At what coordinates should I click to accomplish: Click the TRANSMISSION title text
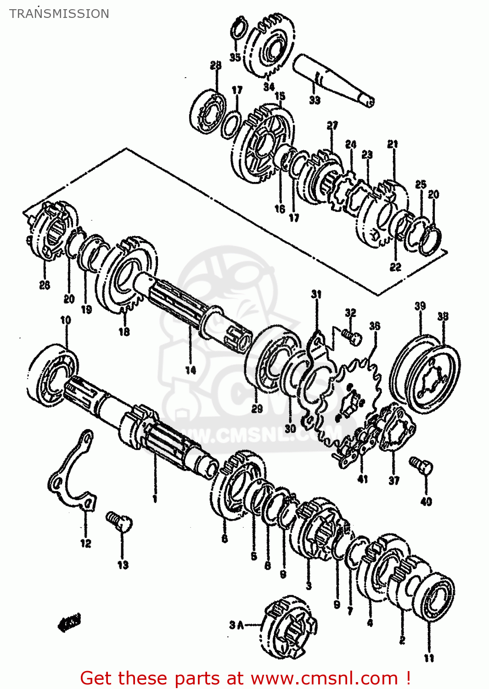(59, 14)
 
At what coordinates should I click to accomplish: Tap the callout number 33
(315, 100)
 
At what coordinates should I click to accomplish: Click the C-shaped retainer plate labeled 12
(71, 473)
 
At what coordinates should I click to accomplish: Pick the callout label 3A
(236, 625)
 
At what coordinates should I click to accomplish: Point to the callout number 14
(191, 370)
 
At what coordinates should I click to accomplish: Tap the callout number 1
(155, 499)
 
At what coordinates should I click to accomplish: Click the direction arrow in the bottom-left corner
(69, 623)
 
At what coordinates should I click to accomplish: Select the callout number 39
(420, 306)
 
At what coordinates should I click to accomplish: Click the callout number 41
(363, 480)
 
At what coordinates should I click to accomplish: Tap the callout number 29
(257, 408)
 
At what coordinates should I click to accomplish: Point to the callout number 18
(124, 332)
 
